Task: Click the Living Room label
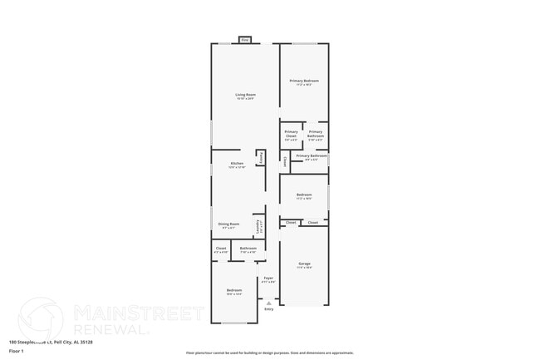tap(245, 96)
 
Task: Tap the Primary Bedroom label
tap(304, 82)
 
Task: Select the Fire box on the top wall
tap(245, 39)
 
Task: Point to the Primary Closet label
tap(291, 135)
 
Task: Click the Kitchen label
tap(237, 165)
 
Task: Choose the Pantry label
tap(261, 156)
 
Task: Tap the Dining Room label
tap(229, 224)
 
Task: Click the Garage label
tap(304, 265)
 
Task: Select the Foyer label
tap(268, 279)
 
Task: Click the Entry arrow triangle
tap(268, 303)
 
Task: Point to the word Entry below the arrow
tap(268, 309)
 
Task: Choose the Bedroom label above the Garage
tap(304, 196)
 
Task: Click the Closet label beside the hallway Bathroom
tap(221, 249)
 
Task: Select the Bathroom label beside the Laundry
tap(248, 249)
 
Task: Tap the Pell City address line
tap(51, 342)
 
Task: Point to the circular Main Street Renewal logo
tap(40, 320)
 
